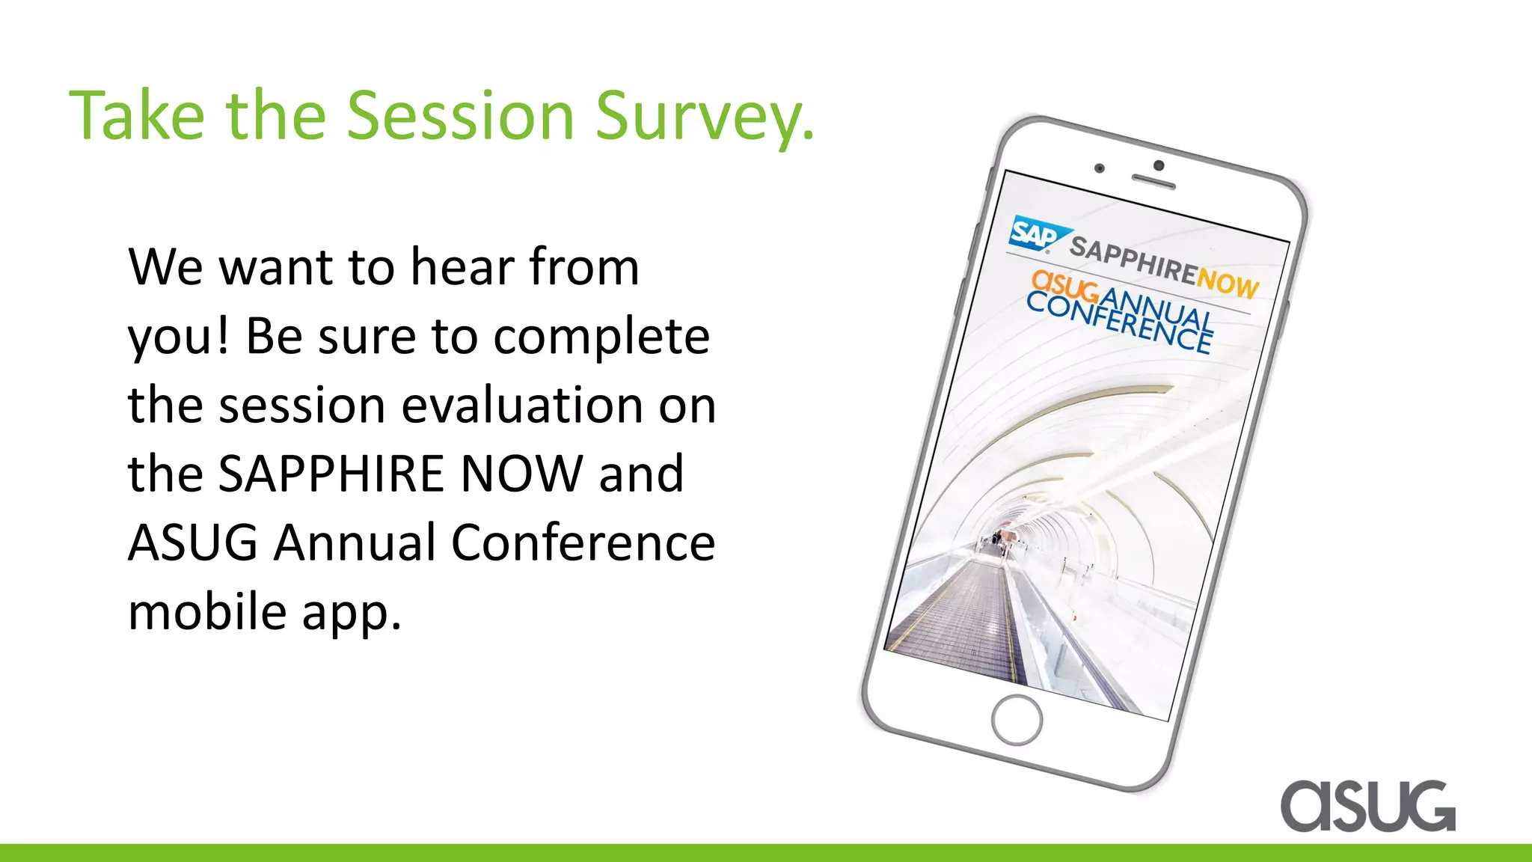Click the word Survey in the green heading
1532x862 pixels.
(x=703, y=116)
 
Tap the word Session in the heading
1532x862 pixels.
(x=460, y=116)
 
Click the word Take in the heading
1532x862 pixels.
(x=137, y=116)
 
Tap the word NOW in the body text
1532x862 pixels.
(x=521, y=474)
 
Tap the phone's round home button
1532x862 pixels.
(x=1017, y=720)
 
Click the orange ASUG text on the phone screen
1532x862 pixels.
(x=1064, y=287)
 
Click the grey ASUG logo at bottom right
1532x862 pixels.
(x=1367, y=806)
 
